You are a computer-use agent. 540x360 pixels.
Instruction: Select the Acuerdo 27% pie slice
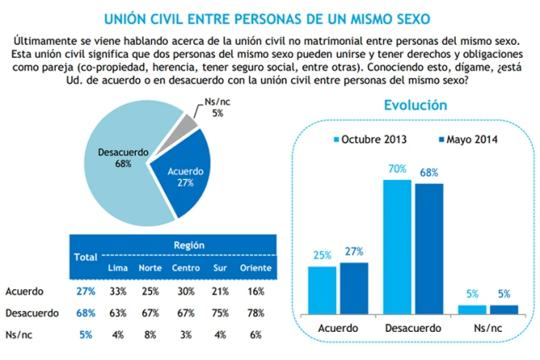tap(185, 173)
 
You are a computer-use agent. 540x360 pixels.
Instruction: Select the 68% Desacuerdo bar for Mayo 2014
tap(429, 247)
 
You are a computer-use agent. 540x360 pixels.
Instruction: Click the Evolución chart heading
tap(415, 105)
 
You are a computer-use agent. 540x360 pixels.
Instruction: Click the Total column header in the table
tap(84, 257)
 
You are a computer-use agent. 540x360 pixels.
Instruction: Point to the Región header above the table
tap(189, 246)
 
